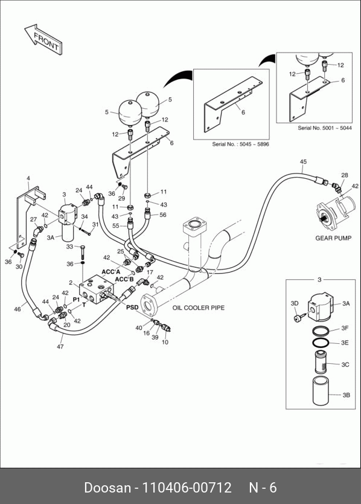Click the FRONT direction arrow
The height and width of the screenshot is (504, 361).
pos(43,39)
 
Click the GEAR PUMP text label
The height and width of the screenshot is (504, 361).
pos(333,238)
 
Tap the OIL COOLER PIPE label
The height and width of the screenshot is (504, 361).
pos(199,308)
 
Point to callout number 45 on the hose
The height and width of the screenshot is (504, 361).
pos(303,162)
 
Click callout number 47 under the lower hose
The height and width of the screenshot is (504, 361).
pos(60,346)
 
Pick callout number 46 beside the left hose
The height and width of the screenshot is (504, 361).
pos(18,309)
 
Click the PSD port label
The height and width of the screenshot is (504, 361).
pos(132,307)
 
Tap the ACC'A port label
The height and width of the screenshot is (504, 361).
pos(111,272)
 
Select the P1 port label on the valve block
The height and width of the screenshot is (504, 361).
pos(76,300)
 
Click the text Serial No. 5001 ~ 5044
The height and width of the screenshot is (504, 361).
pos(325,128)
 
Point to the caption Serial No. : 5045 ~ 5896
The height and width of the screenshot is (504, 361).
pos(240,144)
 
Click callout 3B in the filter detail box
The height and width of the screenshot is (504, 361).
pos(347,395)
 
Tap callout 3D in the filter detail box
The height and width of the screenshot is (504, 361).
pos(295,303)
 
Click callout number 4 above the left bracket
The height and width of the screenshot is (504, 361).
pos(28,178)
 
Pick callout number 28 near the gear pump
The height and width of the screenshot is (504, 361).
pos(344,175)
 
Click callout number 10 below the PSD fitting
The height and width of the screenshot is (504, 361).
pos(165,342)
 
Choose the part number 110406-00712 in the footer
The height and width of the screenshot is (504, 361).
pos(187,487)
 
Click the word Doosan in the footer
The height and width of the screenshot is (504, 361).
pos(107,487)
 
